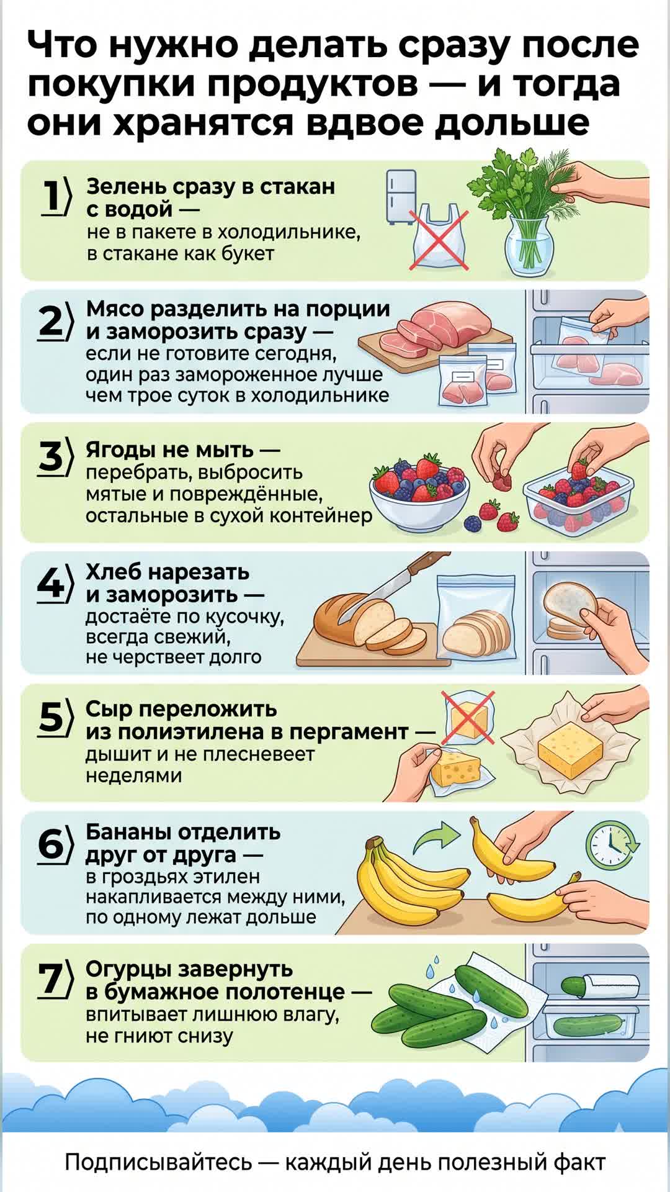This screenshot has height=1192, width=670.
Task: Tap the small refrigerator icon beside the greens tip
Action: point(401,197)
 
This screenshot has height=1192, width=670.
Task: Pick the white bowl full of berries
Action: point(419,494)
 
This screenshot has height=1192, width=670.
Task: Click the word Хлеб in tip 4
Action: point(114,571)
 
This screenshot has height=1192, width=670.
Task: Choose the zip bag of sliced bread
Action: point(476,618)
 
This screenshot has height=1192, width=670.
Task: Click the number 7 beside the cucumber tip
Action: point(51,980)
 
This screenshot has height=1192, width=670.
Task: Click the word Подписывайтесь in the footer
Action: point(158,1162)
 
